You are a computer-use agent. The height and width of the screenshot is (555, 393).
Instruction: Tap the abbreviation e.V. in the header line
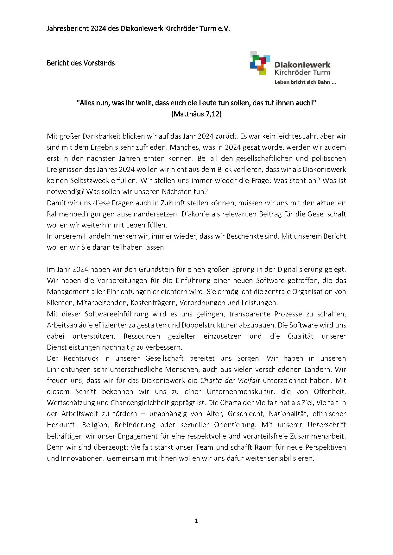coord(224,28)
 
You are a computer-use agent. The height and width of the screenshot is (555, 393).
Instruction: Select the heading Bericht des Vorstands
coord(81,63)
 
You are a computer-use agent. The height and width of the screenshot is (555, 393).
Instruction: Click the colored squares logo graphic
coord(260,63)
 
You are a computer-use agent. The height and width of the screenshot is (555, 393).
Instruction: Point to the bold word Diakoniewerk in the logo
coord(302,65)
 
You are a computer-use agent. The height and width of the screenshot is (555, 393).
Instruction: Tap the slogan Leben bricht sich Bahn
coord(305,82)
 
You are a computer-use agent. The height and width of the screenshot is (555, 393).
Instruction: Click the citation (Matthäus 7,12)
coord(196,114)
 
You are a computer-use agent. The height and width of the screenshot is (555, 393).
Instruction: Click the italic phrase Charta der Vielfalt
coord(230,381)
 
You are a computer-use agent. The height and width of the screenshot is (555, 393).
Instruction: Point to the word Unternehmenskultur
coord(241,392)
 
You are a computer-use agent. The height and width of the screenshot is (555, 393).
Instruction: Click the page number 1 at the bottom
coord(196,521)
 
